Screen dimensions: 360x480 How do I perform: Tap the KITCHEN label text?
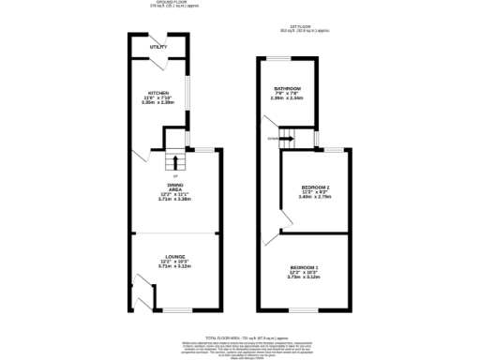coord(157,93)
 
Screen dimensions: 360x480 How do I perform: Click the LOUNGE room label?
coord(175,255)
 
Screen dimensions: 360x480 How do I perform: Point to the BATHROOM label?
coord(288,87)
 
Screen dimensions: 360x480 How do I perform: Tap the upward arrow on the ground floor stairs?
coord(174,161)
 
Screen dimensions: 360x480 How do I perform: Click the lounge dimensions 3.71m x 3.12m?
coord(175,265)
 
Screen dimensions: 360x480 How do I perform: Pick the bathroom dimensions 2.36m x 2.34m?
coord(288,97)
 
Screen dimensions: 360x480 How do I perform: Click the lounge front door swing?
coord(143,300)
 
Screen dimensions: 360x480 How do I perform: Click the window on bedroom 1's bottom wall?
coord(303,309)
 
